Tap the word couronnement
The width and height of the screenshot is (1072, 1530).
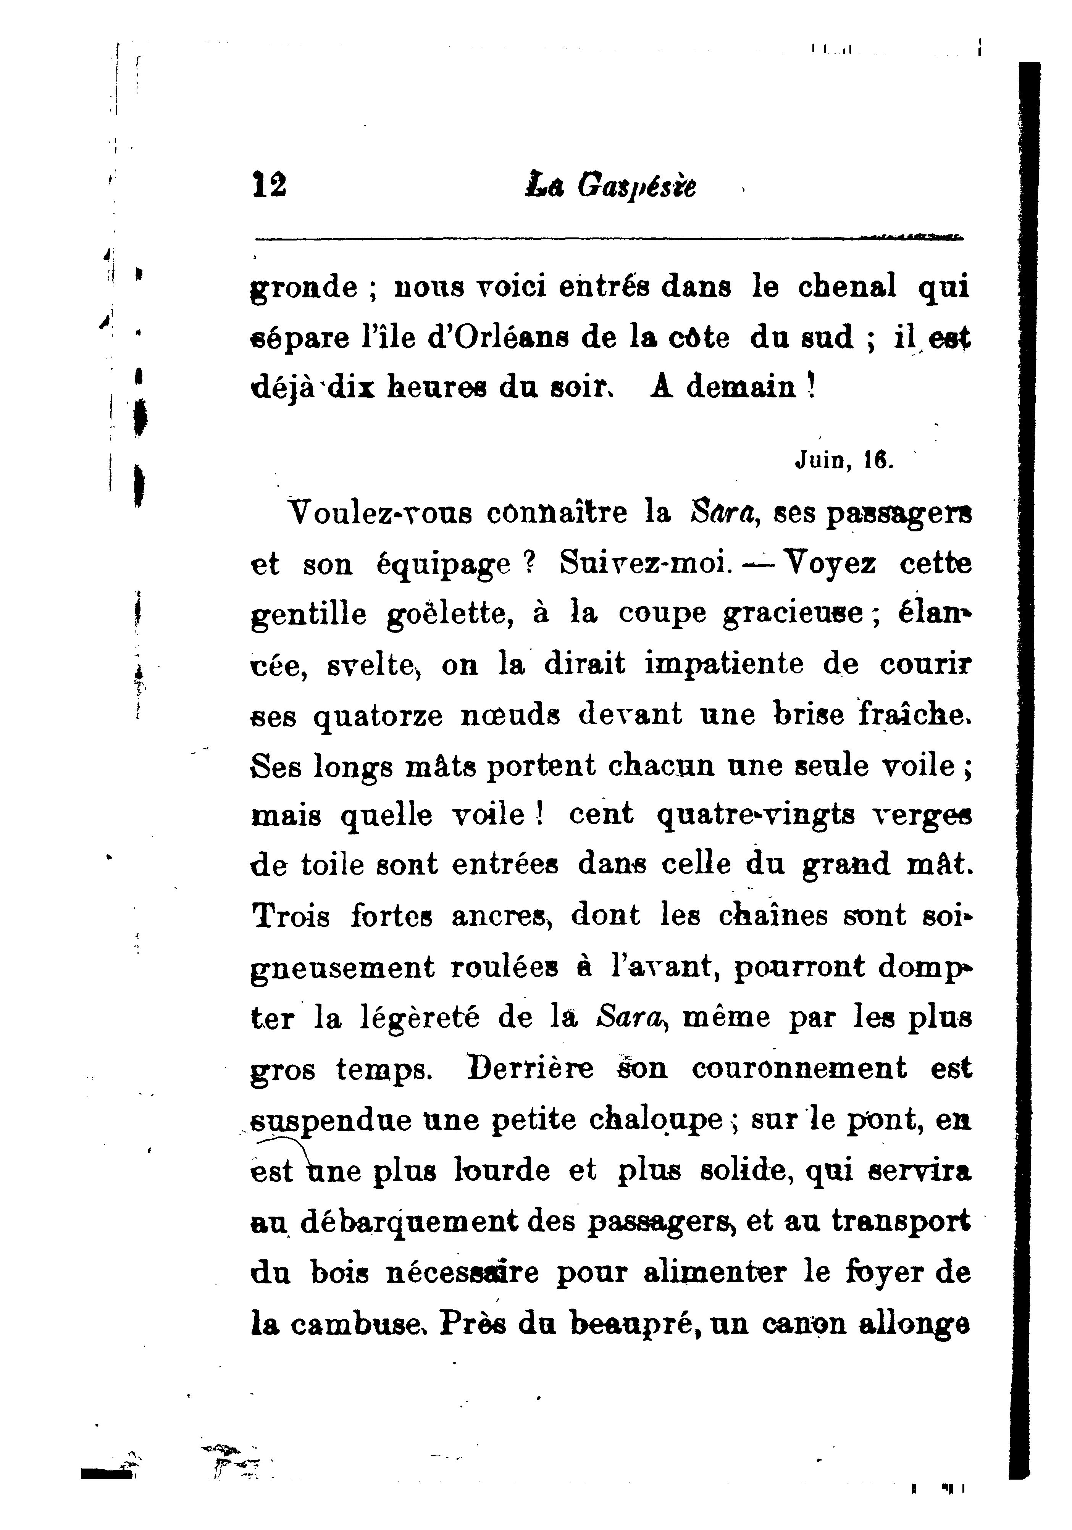(799, 1068)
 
